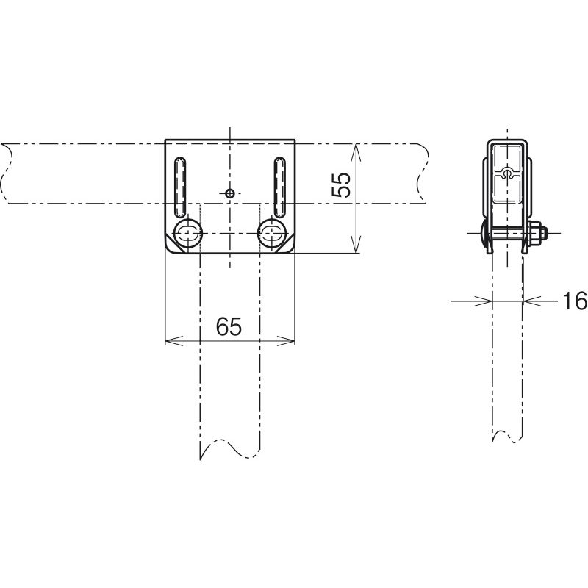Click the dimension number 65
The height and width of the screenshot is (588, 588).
229,326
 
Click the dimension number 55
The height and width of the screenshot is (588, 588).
341,185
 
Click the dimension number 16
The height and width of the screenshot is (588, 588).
575,301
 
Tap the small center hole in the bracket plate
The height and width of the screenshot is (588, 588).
230,193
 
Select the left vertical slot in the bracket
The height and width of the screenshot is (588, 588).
180,187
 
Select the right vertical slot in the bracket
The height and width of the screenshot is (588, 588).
279,187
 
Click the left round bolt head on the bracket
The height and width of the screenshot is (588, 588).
188,233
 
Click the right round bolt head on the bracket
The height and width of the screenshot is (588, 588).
272,233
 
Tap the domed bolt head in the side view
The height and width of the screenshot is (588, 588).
484,233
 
